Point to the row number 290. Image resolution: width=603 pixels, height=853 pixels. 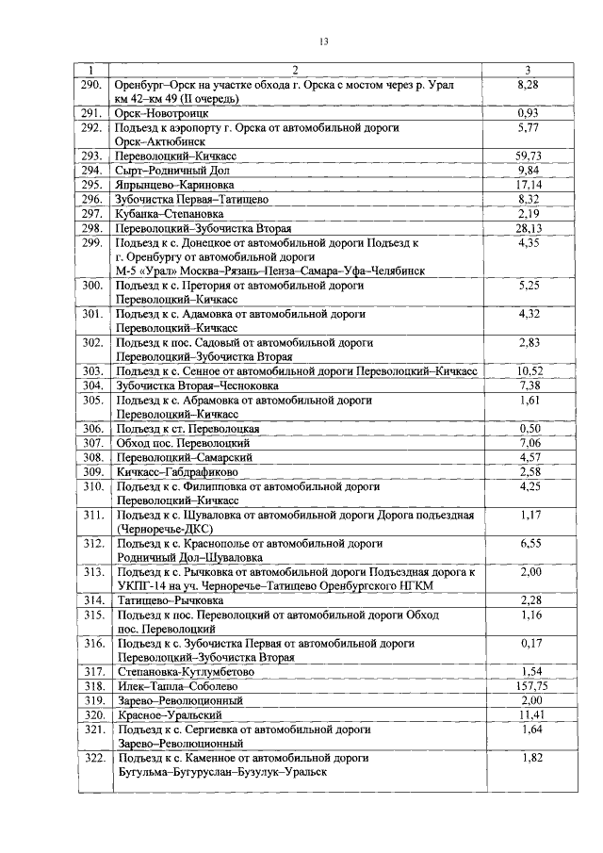(x=91, y=85)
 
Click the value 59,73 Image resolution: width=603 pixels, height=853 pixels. (x=528, y=156)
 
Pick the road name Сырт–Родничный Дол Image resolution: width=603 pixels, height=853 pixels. (x=172, y=171)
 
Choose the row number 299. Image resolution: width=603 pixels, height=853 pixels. (x=91, y=243)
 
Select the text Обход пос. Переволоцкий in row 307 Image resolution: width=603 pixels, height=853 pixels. (x=182, y=442)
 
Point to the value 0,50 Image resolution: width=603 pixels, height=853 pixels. (x=528, y=428)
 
